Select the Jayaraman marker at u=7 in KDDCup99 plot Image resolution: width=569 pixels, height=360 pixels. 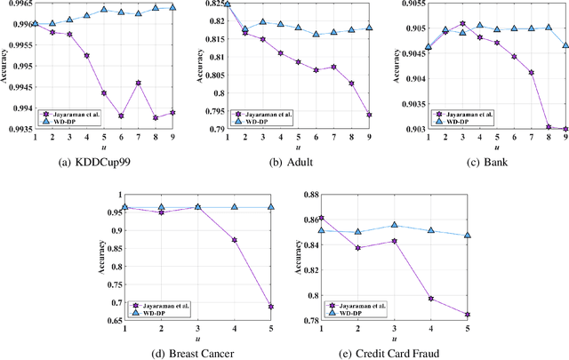tap(139, 83)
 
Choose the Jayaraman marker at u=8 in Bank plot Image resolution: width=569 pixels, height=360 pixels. tap(547, 127)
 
